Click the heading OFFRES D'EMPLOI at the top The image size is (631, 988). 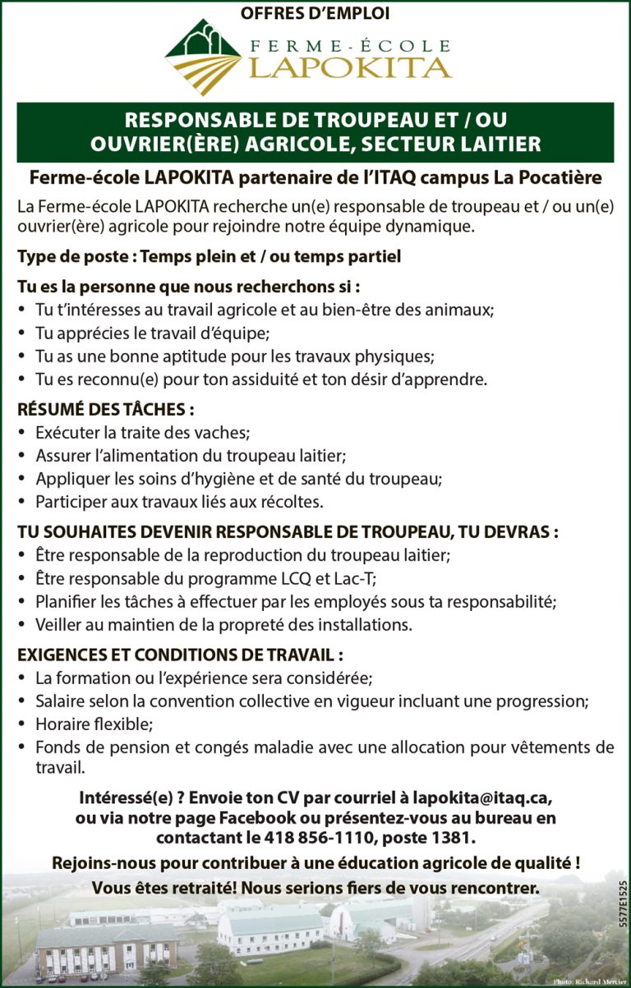point(315,13)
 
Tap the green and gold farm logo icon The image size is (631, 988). point(202,57)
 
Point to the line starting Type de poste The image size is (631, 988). point(209,257)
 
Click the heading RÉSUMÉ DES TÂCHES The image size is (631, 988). point(106,409)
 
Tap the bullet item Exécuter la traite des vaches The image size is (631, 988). point(142,432)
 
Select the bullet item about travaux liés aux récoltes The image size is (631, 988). point(179,501)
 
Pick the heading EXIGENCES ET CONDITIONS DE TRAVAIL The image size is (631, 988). point(180,655)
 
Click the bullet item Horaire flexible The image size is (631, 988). point(94,724)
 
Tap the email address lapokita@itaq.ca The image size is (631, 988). point(483,798)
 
